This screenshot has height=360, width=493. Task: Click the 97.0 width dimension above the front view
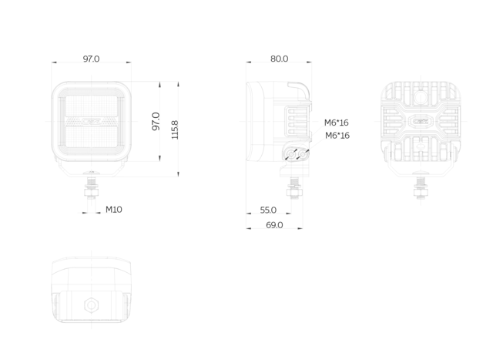click(x=91, y=59)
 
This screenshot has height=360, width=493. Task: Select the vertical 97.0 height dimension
click(x=156, y=121)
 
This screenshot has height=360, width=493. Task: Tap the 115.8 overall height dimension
click(x=175, y=130)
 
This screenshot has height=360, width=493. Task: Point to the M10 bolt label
click(x=113, y=209)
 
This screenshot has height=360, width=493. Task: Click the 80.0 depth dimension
click(x=279, y=59)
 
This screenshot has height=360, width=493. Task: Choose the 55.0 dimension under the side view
click(x=268, y=210)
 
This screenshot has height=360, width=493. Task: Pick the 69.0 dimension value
click(x=274, y=225)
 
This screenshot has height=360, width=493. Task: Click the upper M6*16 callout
click(x=337, y=123)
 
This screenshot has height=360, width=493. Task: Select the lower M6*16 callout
click(x=337, y=136)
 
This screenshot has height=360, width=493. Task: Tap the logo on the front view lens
click(x=92, y=121)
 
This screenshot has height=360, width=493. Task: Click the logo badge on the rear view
click(x=421, y=121)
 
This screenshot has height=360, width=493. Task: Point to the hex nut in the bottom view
click(x=91, y=305)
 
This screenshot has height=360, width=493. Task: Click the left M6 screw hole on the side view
click(x=291, y=154)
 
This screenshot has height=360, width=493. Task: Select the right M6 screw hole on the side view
click(x=303, y=154)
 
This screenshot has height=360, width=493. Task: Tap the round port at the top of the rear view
click(x=420, y=97)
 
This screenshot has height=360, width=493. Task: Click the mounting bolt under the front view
click(x=91, y=186)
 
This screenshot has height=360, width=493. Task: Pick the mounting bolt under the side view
click(x=293, y=188)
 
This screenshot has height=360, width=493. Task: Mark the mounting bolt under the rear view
click(x=421, y=187)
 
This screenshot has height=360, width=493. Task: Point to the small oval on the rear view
click(x=421, y=146)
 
